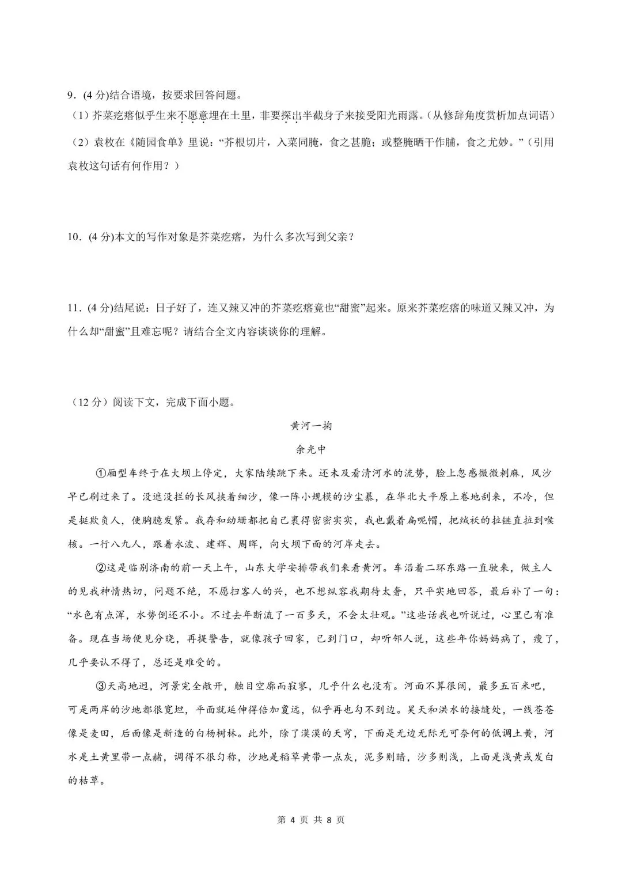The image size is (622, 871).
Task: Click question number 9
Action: click(x=71, y=95)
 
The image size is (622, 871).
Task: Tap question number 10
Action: click(x=74, y=236)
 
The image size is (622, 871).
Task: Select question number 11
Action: click(x=74, y=308)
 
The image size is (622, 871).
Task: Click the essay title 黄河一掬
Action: click(x=311, y=426)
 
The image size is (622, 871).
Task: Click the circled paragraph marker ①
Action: click(x=99, y=473)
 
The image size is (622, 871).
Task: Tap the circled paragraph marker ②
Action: click(x=99, y=567)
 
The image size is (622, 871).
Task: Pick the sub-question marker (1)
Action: click(x=79, y=116)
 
